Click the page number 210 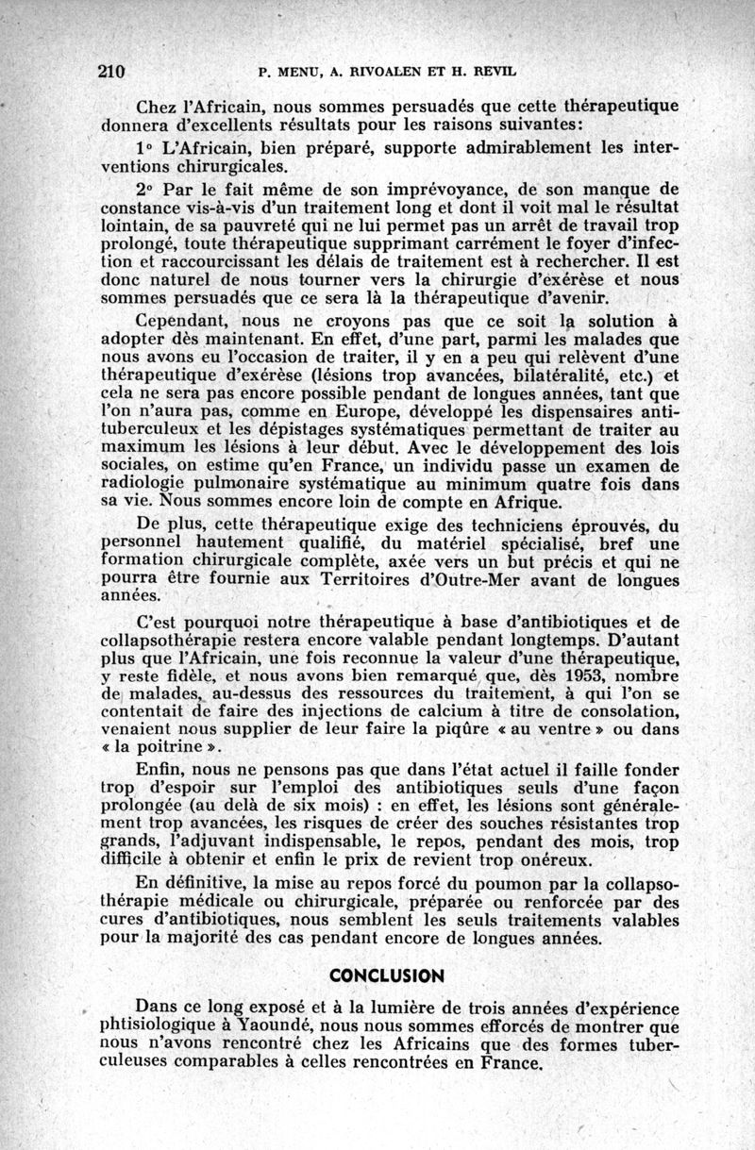coord(113,71)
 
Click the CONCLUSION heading coord(385,974)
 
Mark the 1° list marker coord(146,149)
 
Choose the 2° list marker coord(146,190)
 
